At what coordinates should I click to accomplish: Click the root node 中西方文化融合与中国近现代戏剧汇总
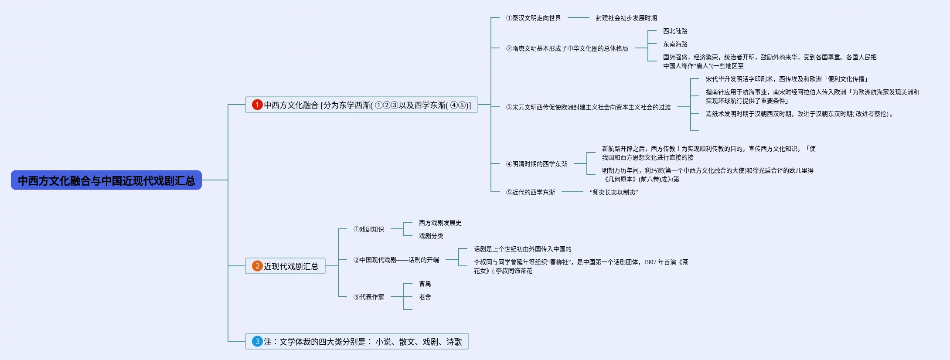pos(106,180)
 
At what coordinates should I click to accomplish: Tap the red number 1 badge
pos(257,105)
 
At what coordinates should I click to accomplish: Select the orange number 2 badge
pos(257,266)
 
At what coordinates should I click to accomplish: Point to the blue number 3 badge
pos(257,341)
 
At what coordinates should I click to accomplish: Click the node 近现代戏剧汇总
pos(291,266)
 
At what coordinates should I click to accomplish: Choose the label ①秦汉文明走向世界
pos(533,18)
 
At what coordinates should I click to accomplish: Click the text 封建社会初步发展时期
pos(626,18)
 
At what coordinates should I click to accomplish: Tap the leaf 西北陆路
pos(675,31)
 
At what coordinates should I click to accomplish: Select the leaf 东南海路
pos(675,44)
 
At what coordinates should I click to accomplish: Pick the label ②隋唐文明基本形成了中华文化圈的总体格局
pos(567,48)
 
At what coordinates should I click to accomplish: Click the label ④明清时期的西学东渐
pos(536,164)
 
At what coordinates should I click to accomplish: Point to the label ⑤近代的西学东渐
pos(530,192)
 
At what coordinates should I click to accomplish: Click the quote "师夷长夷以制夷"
pos(614,192)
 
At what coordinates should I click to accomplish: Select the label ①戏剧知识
pos(368,229)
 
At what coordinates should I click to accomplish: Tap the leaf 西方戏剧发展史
pos(440,223)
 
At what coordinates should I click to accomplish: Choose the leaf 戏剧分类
pos(431,236)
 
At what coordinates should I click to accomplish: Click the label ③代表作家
pos(368,297)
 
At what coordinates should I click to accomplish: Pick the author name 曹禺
pos(425,284)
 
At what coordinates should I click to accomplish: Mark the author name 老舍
pos(425,297)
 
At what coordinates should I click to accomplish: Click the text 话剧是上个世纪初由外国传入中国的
pos(522,249)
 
